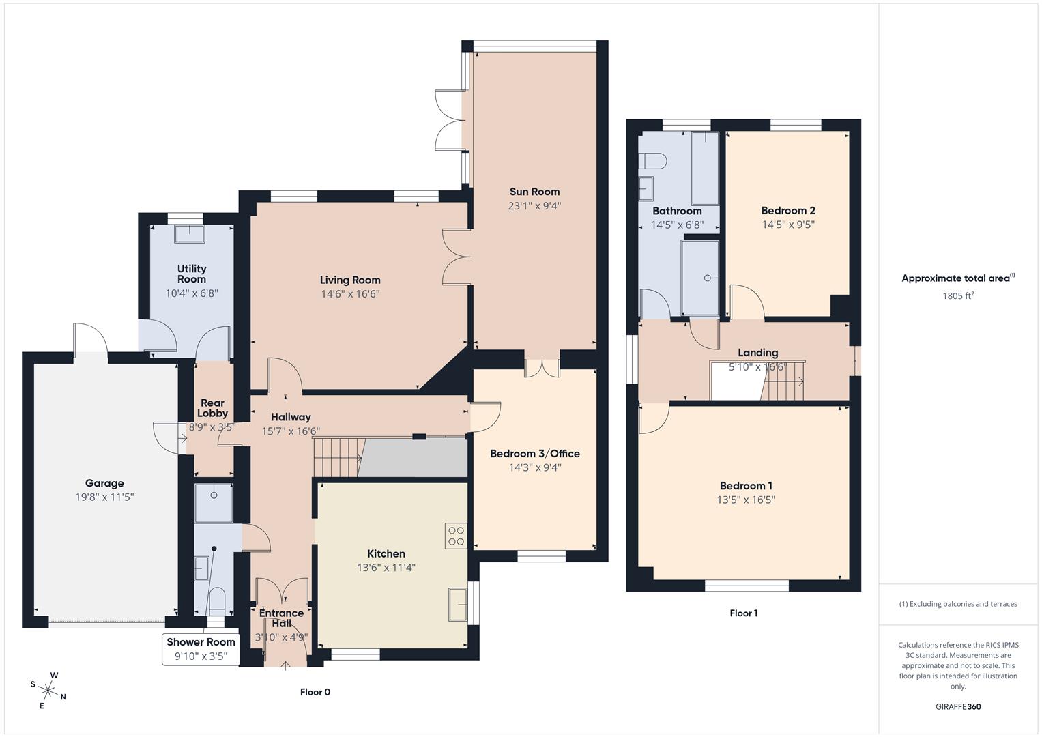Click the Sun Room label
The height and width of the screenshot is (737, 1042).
[x=534, y=192]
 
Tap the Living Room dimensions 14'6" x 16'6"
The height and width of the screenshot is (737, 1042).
[x=350, y=294]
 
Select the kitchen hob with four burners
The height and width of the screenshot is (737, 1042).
[x=455, y=536]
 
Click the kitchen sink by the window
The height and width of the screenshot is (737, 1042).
[x=457, y=604]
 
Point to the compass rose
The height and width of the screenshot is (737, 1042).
[x=48, y=689]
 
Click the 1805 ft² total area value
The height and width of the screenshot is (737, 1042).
[x=958, y=296]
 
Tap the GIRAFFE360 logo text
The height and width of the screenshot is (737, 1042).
[x=958, y=706]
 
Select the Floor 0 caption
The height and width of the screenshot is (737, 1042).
[x=315, y=692]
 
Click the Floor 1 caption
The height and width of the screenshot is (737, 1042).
[x=743, y=613]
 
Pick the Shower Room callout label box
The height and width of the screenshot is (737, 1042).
[x=201, y=649]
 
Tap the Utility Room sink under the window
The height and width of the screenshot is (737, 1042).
[x=189, y=234]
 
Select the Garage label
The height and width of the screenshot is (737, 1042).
[x=104, y=483]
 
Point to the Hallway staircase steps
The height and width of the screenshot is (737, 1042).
[x=336, y=457]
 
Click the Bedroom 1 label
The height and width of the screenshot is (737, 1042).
[x=746, y=486]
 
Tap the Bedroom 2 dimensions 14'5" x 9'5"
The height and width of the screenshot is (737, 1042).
[x=788, y=225]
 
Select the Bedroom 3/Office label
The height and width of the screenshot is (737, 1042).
[x=534, y=453]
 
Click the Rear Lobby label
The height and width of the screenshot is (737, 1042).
[x=212, y=408]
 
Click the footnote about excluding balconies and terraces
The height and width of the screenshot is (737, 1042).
[x=958, y=604]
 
